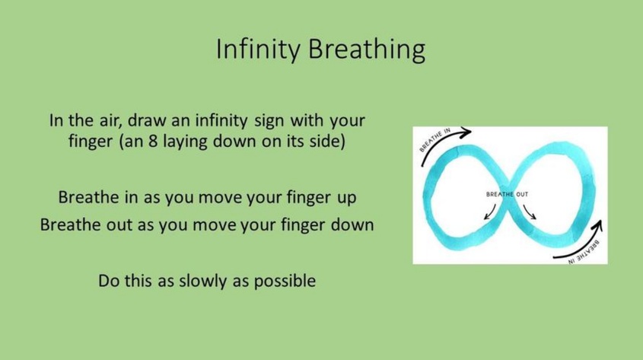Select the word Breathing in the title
[367, 49]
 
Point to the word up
[346, 198]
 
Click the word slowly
[203, 282]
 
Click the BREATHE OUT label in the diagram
[507, 194]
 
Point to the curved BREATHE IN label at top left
[435, 140]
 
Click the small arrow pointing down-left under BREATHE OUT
[489, 212]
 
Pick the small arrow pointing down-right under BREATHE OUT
[530, 212]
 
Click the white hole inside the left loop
[464, 197]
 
